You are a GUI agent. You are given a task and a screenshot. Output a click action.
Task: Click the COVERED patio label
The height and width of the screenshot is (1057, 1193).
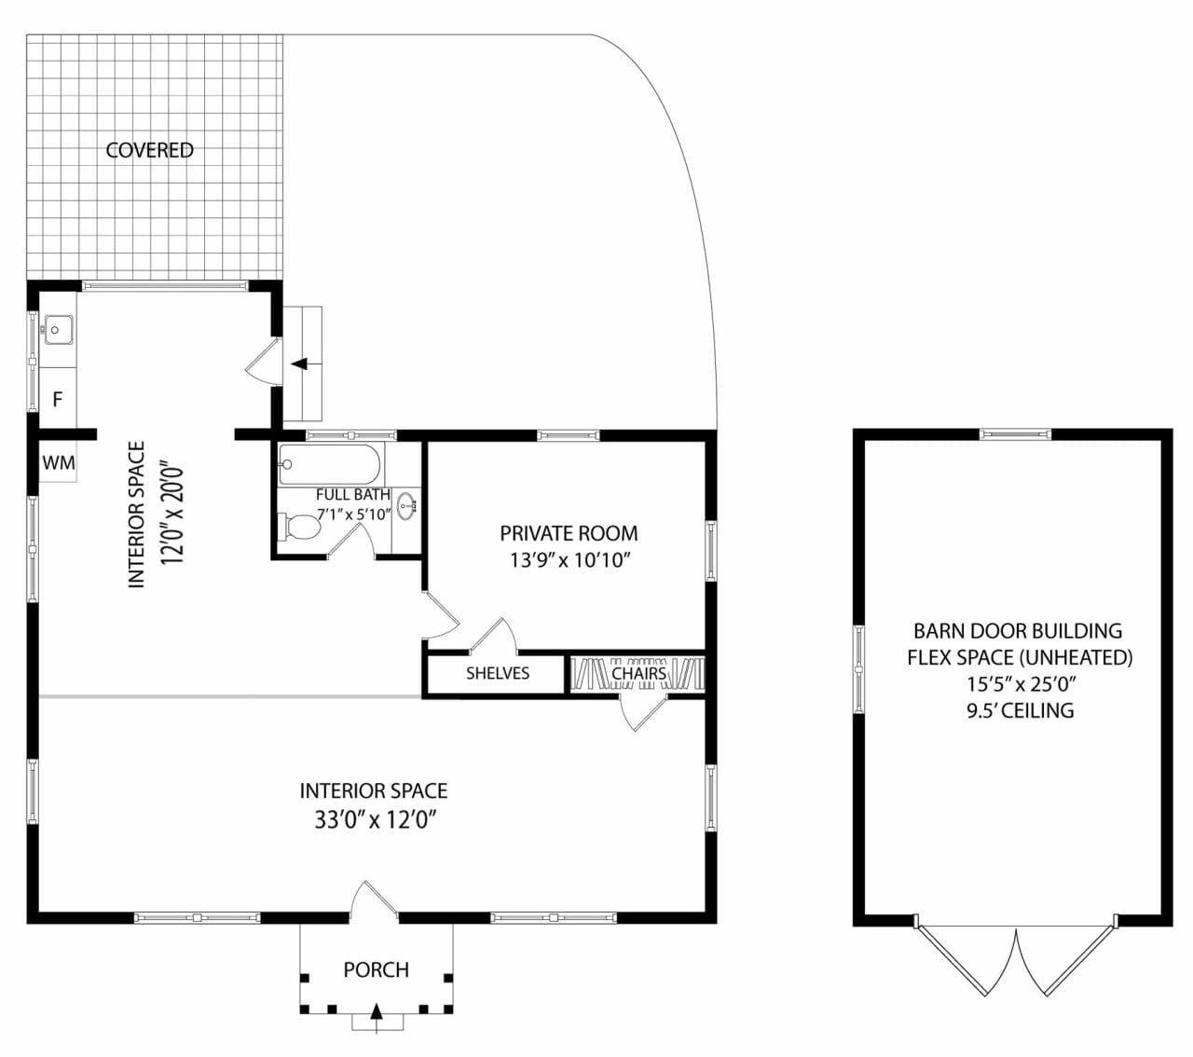[149, 150]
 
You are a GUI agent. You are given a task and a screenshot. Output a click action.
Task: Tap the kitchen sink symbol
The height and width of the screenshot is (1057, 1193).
[58, 330]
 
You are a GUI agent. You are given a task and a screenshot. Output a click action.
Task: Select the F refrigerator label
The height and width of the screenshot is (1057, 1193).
[57, 400]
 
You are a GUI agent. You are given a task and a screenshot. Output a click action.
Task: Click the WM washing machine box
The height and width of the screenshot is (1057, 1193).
[58, 463]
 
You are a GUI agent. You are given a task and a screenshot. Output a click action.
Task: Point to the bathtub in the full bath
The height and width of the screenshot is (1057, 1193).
[330, 463]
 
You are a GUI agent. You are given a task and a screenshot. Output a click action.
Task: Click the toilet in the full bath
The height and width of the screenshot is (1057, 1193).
[300, 527]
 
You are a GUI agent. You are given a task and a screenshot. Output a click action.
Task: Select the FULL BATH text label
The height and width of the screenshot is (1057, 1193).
[352, 495]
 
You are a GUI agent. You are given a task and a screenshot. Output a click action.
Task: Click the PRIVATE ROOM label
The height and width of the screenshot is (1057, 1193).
[569, 533]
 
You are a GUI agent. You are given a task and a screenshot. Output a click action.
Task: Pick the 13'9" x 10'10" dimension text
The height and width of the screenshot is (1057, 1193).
[570, 560]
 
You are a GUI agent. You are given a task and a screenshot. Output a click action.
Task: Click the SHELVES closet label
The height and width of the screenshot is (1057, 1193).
[498, 673]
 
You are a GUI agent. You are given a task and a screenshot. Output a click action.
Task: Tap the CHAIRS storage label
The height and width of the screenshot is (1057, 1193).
[638, 673]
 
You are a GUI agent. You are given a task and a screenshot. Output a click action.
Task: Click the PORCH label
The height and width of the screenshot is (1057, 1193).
[376, 969]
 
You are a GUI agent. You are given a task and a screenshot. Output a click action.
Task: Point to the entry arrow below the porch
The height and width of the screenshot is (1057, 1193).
[377, 1014]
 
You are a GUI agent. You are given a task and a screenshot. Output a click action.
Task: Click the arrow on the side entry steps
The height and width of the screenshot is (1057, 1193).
[300, 364]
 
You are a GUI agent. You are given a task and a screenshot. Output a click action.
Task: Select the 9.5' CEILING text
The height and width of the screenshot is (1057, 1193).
[1020, 710]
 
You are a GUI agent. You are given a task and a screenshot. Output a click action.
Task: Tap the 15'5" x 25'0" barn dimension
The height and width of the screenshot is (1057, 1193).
[1020, 683]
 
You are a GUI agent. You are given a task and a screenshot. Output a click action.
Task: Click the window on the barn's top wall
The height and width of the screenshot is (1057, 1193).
[1015, 433]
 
